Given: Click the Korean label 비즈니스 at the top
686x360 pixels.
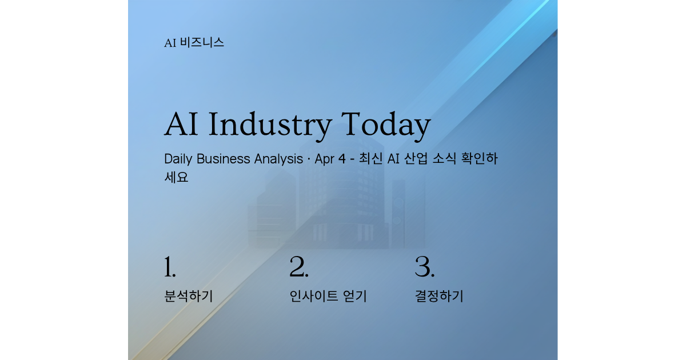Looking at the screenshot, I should (x=202, y=42).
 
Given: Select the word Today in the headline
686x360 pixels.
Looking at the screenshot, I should (x=386, y=125).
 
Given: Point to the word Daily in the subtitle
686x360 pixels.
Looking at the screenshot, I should (x=178, y=159).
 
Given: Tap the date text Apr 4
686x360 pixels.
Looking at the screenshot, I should (x=330, y=159).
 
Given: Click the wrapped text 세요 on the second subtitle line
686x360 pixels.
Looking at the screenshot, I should (x=176, y=177).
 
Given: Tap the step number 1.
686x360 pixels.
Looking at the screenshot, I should (x=170, y=267).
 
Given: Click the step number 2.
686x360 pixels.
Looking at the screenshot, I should (x=299, y=267).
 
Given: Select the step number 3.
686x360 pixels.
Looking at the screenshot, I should (x=425, y=267).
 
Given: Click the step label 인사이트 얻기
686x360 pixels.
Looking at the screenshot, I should (x=328, y=296).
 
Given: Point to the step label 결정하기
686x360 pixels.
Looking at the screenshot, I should (x=438, y=296).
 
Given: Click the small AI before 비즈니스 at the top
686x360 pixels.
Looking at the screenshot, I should (x=170, y=43).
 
